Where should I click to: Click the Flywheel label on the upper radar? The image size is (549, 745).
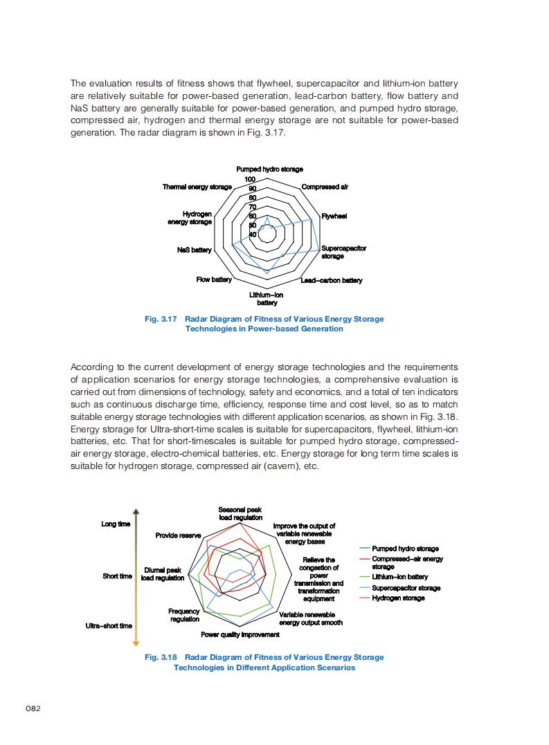(x=334, y=217)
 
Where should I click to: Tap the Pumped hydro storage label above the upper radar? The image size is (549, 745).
(x=269, y=169)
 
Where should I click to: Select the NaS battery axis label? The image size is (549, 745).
(x=194, y=250)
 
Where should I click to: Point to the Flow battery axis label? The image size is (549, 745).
(x=214, y=279)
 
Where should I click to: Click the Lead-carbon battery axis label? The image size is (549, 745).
(x=332, y=280)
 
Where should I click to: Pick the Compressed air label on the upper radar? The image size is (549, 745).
(x=325, y=187)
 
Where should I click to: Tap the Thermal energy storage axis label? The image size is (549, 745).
(x=197, y=187)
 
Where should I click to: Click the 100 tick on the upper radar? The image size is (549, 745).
(x=250, y=180)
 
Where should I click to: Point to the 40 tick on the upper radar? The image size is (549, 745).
(x=253, y=234)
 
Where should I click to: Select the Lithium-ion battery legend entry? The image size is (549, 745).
(x=399, y=577)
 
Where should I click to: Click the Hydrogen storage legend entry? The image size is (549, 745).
(x=398, y=598)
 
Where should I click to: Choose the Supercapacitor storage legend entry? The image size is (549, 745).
(x=406, y=588)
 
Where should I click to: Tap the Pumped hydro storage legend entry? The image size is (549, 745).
(x=405, y=549)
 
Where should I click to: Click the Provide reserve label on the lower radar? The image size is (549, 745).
(x=178, y=535)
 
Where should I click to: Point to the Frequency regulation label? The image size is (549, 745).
(x=185, y=615)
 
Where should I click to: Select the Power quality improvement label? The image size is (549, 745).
(x=240, y=634)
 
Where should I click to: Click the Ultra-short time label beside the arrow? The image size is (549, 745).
(x=109, y=625)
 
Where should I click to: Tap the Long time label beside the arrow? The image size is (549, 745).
(x=116, y=524)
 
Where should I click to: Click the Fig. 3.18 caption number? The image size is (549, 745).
(x=161, y=657)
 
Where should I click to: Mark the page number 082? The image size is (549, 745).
(x=33, y=709)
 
